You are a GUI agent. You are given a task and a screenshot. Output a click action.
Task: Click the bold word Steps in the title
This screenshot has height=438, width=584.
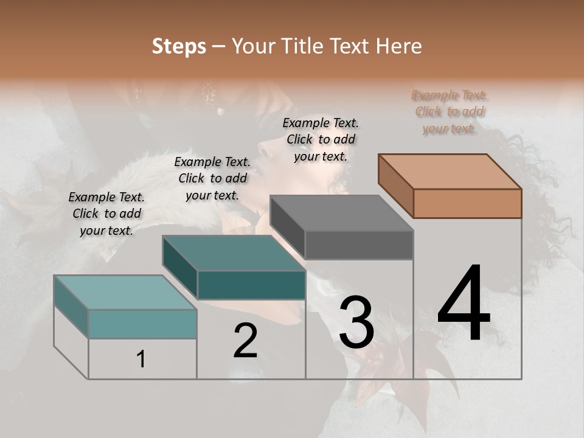click(x=179, y=46)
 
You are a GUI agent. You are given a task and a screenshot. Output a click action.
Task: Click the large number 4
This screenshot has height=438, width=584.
click(x=464, y=304)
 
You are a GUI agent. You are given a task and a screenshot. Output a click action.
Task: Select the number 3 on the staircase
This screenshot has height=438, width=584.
click(x=356, y=322)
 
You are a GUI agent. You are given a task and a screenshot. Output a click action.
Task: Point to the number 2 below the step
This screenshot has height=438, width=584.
click(x=245, y=341)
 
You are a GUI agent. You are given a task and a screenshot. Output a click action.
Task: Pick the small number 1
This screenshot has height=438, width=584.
click(x=141, y=359)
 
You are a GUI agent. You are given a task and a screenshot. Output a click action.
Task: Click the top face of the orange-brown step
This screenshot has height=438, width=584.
click(x=450, y=171)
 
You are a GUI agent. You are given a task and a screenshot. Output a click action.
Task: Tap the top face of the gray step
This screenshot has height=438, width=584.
click(x=342, y=213)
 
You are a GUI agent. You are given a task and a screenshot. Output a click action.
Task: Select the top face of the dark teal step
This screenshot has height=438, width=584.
click(x=234, y=253)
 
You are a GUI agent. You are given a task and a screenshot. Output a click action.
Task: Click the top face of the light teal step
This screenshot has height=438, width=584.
click(x=125, y=292)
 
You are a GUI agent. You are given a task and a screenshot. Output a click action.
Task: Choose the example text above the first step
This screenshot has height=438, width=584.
click(x=106, y=214)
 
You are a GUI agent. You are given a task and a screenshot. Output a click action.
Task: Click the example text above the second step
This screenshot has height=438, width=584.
click(x=212, y=178)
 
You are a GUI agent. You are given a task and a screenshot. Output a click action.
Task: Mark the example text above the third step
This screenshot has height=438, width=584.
click(x=321, y=139)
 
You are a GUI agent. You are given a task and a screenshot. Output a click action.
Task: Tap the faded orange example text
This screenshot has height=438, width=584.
click(x=450, y=111)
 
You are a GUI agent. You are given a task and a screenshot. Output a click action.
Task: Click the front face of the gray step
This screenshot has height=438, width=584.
click(x=359, y=245)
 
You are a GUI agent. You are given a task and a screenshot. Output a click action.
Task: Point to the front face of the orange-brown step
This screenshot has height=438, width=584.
click(x=467, y=203)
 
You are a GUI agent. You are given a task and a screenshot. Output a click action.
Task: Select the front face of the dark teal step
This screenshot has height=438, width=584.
click(x=251, y=285)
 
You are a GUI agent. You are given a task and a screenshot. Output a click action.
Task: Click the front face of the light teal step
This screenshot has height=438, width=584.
click(x=142, y=324)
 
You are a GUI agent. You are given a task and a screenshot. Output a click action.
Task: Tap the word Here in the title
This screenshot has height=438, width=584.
click(x=400, y=46)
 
